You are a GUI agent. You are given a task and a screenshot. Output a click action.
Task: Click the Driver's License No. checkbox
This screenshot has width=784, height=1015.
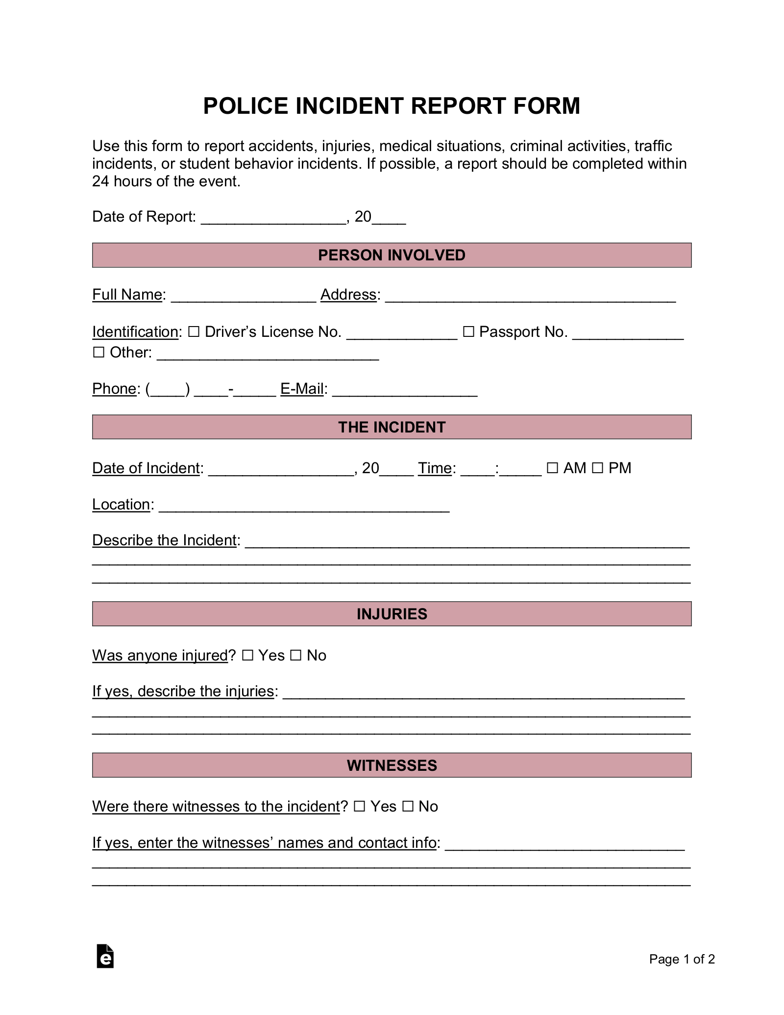click(194, 332)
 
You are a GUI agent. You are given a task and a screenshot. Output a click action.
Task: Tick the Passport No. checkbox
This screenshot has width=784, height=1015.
click(468, 332)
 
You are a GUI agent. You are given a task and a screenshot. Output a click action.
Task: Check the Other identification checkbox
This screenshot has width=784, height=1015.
click(98, 353)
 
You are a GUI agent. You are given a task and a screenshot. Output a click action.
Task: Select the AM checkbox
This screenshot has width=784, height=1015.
click(552, 468)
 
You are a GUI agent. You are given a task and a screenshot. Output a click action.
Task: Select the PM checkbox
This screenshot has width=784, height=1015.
click(597, 468)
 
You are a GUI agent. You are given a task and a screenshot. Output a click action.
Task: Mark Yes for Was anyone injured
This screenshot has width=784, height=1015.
click(247, 655)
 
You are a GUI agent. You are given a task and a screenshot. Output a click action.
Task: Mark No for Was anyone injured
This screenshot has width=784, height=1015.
click(295, 655)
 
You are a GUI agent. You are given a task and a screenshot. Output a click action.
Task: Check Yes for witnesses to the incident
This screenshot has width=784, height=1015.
click(359, 806)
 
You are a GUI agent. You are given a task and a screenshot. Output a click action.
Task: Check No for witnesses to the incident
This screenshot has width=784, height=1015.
click(408, 806)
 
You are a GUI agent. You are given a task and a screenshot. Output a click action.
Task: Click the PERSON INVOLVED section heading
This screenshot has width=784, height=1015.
click(392, 255)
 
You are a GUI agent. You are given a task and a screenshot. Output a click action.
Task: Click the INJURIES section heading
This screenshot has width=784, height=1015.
click(392, 614)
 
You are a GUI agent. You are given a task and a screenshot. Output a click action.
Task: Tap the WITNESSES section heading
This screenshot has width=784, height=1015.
click(392, 765)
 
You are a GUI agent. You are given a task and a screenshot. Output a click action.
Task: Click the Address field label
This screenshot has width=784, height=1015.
click(348, 295)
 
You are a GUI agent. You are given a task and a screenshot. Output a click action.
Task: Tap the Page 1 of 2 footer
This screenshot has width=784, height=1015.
click(682, 959)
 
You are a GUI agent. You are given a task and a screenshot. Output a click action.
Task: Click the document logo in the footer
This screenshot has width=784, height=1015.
click(105, 957)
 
